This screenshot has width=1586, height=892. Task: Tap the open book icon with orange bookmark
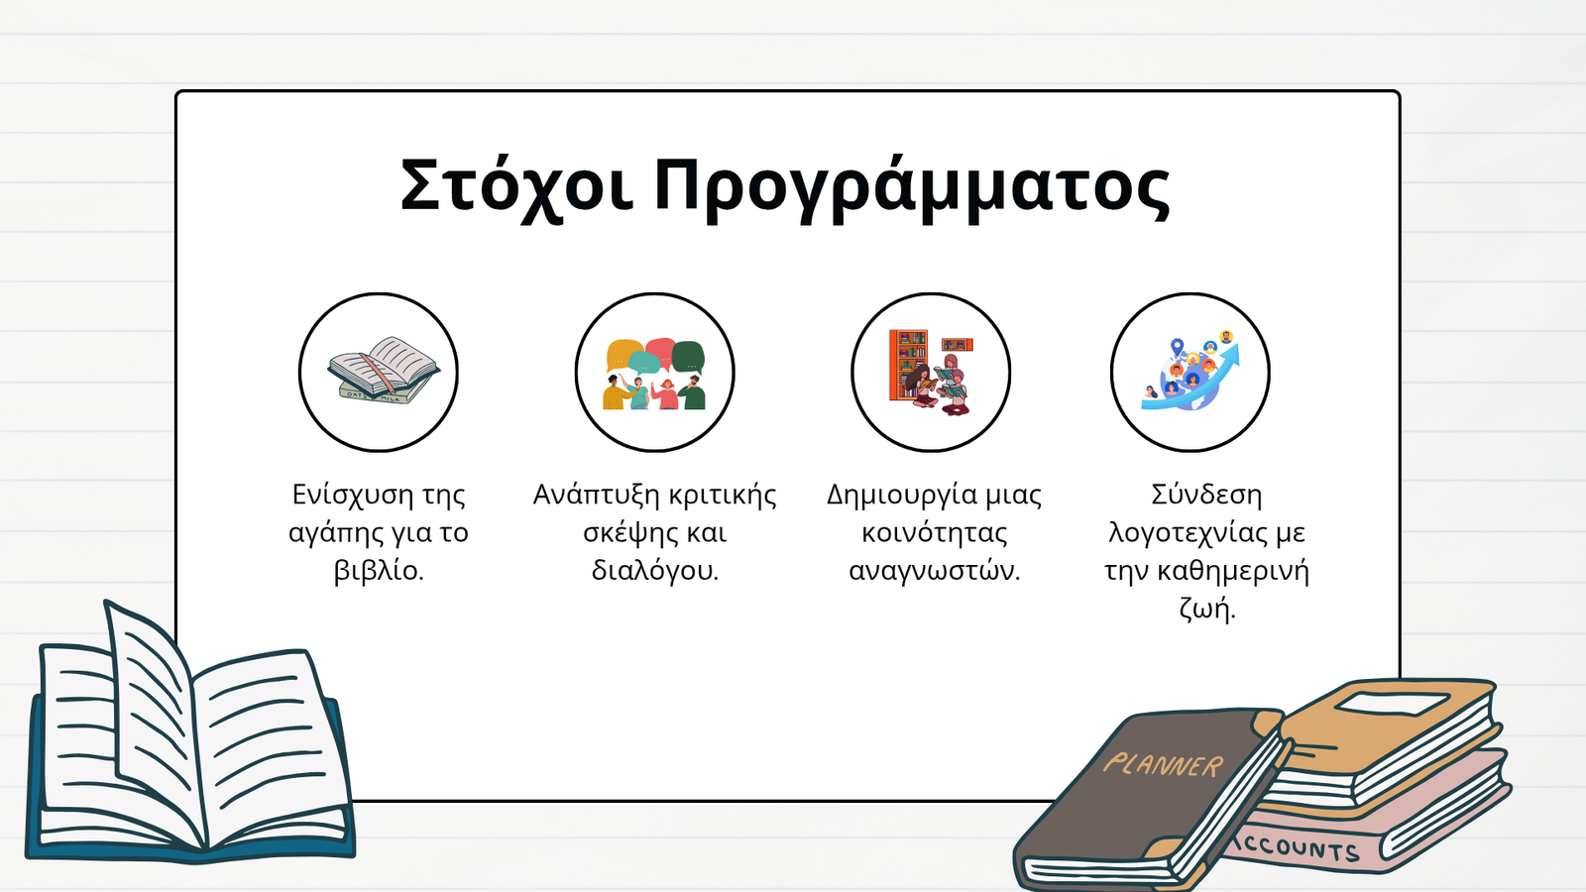[x=383, y=371]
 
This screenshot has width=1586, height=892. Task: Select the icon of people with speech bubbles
[x=655, y=374]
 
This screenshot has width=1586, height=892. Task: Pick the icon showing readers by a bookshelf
[x=931, y=373]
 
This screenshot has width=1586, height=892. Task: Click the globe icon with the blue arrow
[x=1190, y=371]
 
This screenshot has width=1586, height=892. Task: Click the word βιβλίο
[x=378, y=570]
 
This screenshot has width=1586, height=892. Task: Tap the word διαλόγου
[x=655, y=570]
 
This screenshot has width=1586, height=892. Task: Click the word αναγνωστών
[x=935, y=570]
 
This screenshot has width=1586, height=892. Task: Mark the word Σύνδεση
[x=1205, y=495]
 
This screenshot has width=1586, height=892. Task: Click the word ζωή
[x=1207, y=609]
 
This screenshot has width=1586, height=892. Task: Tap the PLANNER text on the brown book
[x=1163, y=765]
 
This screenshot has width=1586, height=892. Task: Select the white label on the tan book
[x=1392, y=704]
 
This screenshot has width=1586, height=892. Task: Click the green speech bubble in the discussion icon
[x=688, y=357]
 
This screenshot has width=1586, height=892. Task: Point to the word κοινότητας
[x=935, y=532]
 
